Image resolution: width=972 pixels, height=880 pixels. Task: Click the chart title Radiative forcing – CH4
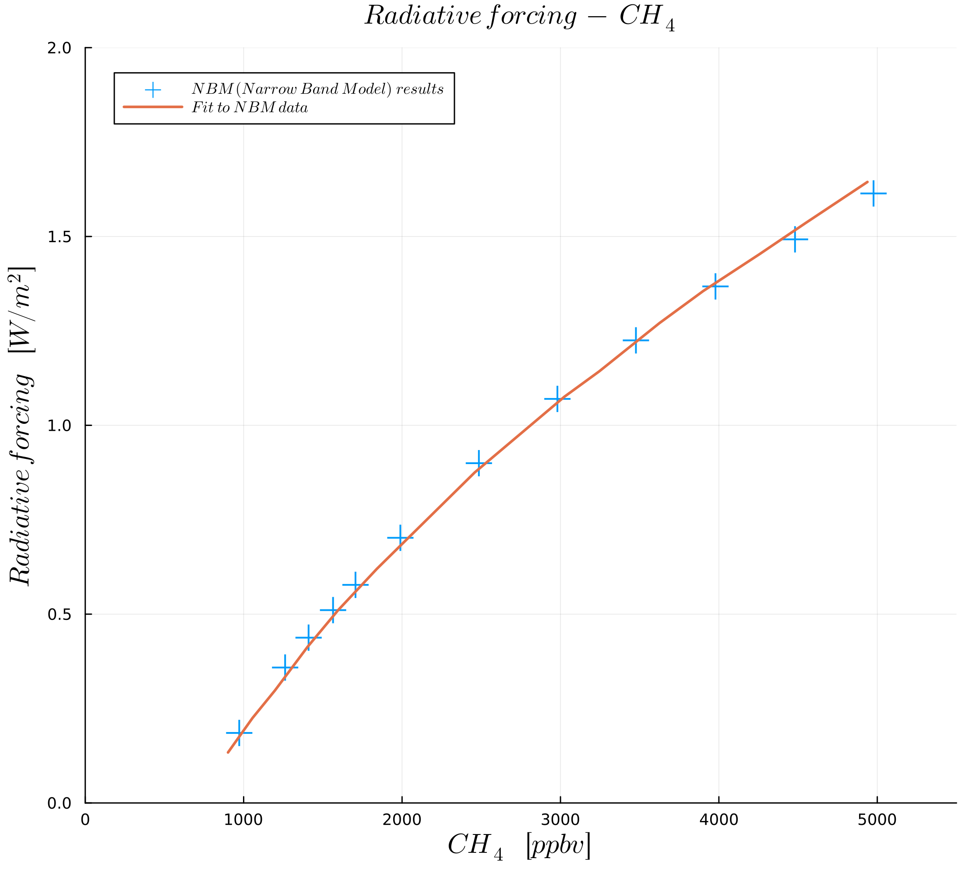click(x=520, y=18)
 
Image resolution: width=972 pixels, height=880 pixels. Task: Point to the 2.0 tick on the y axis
click(x=59, y=48)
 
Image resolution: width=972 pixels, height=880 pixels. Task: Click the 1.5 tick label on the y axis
click(x=59, y=237)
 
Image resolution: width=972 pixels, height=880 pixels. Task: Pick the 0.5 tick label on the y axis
click(x=59, y=615)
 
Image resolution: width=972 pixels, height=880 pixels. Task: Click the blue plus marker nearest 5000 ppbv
click(x=873, y=194)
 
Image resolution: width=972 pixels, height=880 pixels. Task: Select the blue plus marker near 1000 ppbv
click(x=239, y=733)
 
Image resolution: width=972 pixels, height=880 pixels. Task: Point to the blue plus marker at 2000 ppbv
click(x=400, y=538)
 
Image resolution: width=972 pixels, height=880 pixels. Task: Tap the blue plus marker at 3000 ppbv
click(x=557, y=399)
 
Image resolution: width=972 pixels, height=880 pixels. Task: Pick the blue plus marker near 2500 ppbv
click(x=479, y=463)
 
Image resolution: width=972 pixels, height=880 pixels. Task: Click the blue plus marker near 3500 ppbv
click(x=636, y=341)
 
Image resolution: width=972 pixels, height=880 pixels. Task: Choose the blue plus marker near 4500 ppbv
click(x=795, y=239)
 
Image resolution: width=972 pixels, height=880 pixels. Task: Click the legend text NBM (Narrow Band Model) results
click(x=317, y=89)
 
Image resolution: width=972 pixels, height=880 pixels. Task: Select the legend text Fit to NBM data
click(x=250, y=108)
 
